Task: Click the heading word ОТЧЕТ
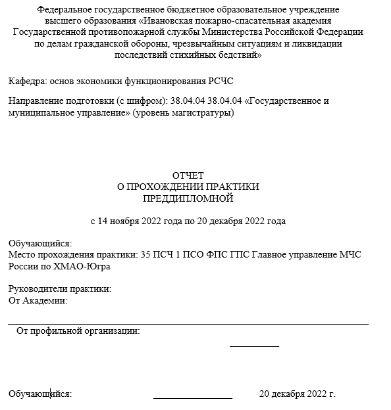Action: coord(188,175)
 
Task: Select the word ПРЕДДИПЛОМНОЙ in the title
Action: coord(188,197)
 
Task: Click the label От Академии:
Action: coord(38,300)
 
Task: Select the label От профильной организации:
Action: coord(78,330)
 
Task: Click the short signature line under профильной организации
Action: coord(254,346)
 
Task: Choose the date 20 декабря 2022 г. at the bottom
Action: coord(298,394)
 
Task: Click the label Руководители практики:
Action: coord(60,289)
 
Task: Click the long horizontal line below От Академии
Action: coord(188,323)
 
